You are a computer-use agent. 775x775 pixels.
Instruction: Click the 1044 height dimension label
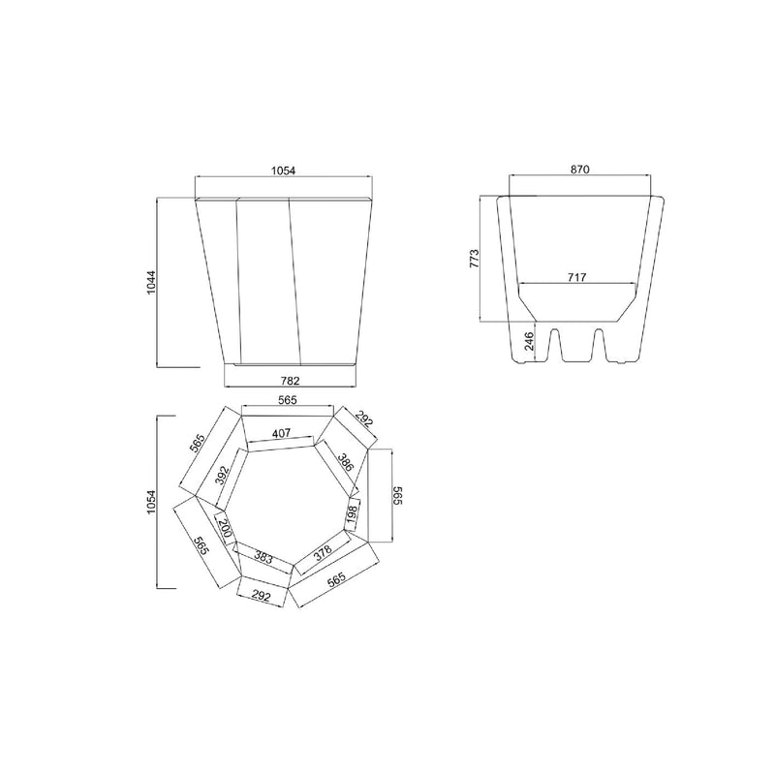tap(151, 282)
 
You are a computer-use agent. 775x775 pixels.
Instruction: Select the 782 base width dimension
tap(290, 381)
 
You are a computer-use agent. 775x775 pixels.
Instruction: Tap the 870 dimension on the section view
tap(579, 170)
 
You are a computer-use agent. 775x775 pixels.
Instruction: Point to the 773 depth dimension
tap(474, 258)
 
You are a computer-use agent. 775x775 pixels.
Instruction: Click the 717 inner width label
tap(576, 277)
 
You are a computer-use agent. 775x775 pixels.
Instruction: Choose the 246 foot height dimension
tap(529, 341)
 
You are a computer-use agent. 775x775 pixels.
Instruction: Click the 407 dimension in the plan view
tap(281, 433)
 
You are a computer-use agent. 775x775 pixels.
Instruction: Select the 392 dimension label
tap(223, 476)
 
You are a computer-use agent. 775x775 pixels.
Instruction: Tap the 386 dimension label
tap(346, 462)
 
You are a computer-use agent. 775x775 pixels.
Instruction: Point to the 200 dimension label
tap(225, 528)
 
